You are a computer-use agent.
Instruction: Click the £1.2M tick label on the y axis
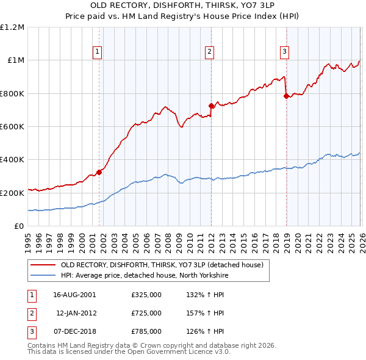(12, 27)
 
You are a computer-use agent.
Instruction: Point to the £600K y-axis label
(12, 126)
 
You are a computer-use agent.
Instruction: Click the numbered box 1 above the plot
(98, 52)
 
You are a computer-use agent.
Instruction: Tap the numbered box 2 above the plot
(209, 52)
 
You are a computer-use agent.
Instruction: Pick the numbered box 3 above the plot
(284, 52)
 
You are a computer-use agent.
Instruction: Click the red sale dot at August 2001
(99, 172)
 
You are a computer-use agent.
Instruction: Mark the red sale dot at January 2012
(212, 106)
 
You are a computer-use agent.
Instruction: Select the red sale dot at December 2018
(286, 96)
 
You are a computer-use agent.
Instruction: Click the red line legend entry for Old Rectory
(162, 265)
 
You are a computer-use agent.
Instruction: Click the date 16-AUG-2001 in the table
(75, 294)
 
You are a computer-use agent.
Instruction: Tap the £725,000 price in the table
(146, 313)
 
